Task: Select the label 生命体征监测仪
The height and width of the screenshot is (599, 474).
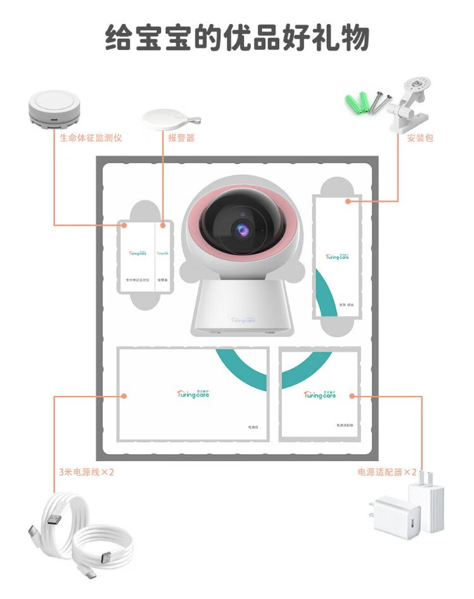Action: (90, 138)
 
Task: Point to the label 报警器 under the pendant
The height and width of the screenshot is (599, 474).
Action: (181, 138)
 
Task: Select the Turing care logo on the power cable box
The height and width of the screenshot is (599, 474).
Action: (193, 393)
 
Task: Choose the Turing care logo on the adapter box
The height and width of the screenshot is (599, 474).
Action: (320, 394)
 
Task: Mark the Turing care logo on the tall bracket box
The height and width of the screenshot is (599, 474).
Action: (337, 256)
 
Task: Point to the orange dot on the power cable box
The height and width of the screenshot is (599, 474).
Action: (124, 396)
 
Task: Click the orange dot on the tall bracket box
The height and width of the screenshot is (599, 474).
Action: (348, 201)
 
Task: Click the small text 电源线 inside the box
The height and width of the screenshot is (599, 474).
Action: (253, 428)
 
